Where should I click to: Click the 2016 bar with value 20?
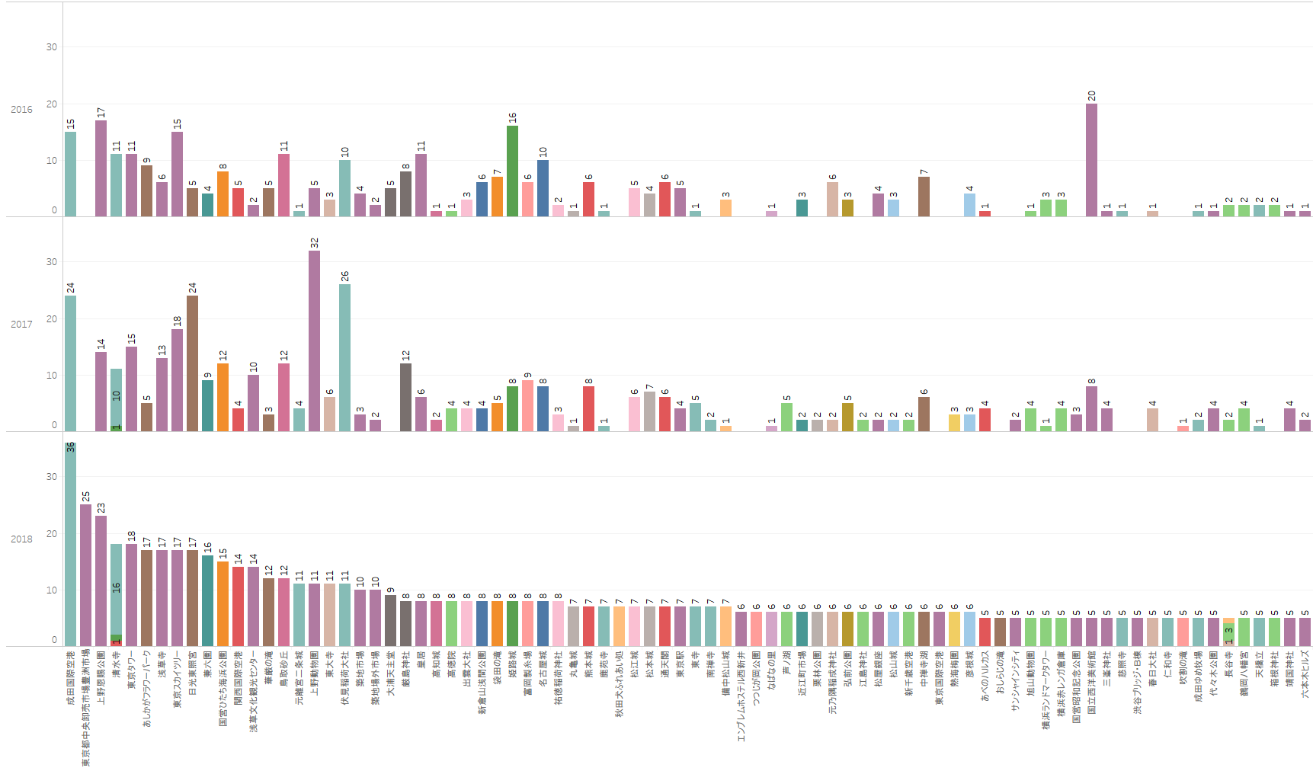coord(1091,160)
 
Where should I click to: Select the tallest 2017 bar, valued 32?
coord(314,341)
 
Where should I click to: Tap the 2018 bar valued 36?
coord(70,544)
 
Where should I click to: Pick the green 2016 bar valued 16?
coord(512,171)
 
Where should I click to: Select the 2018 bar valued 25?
coord(85,575)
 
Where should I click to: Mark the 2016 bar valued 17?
coord(101,168)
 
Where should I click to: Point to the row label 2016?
coord(21,110)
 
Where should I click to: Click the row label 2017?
coord(21,325)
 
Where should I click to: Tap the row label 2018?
coord(21,539)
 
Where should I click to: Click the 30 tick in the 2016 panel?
coord(52,47)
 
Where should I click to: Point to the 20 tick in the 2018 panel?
coord(52,533)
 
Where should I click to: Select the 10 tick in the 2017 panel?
coord(52,375)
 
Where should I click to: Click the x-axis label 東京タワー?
coord(131,670)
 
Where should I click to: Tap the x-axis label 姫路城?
coord(512,668)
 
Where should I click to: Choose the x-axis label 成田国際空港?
coord(70,677)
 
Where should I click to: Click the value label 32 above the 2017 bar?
coord(314,243)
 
